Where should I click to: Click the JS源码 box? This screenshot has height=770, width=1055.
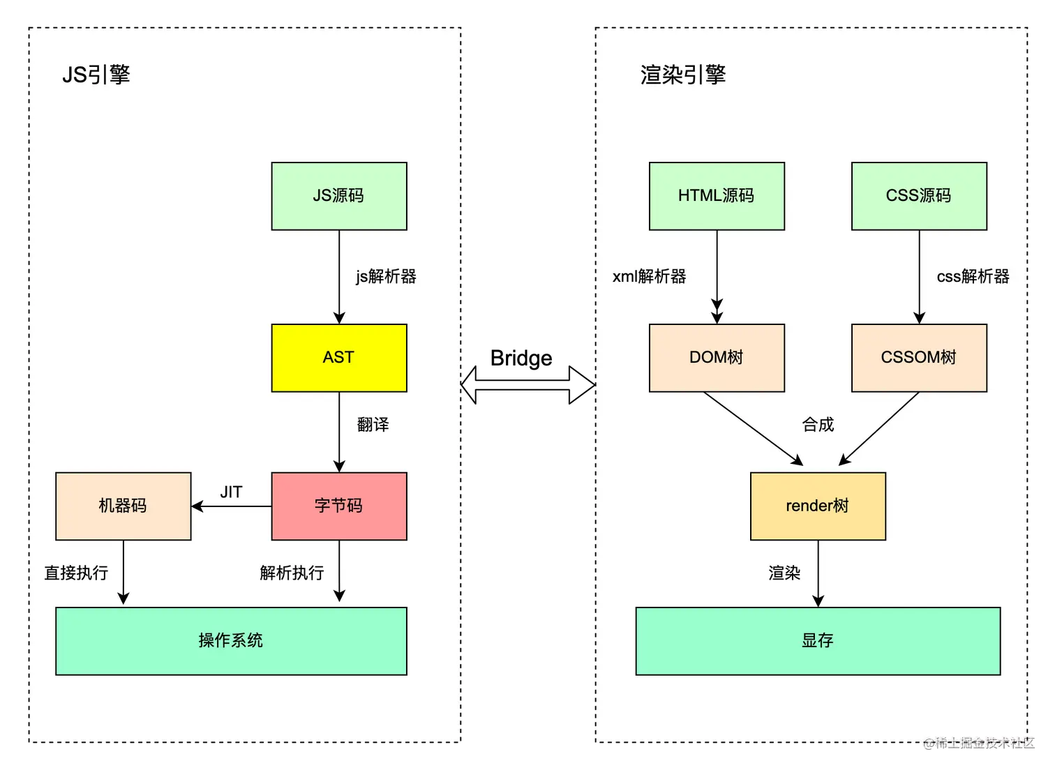pyautogui.click(x=339, y=196)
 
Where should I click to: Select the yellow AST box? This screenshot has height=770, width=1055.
pyautogui.click(x=339, y=358)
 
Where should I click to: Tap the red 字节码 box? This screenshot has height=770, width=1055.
pyautogui.click(x=339, y=506)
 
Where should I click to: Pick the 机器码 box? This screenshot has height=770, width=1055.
pyautogui.click(x=124, y=506)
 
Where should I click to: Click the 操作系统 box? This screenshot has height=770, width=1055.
pyautogui.click(x=231, y=641)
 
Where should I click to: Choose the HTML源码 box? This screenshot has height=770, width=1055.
pyautogui.click(x=717, y=196)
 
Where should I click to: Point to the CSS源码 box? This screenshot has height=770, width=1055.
pyautogui.click(x=919, y=196)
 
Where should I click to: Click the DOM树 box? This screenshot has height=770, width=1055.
pyautogui.click(x=717, y=358)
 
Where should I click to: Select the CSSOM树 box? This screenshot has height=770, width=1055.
pyautogui.click(x=919, y=358)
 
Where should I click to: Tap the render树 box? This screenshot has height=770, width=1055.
pyautogui.click(x=818, y=506)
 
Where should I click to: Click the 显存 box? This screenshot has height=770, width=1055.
pyautogui.click(x=818, y=641)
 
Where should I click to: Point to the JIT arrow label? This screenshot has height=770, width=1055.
pyautogui.click(x=231, y=492)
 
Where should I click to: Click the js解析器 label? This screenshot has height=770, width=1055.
pyautogui.click(x=386, y=277)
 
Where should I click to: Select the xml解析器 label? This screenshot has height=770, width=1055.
pyautogui.click(x=649, y=277)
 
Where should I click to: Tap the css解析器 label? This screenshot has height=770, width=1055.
pyautogui.click(x=973, y=277)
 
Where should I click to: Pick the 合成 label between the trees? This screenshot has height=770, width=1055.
pyautogui.click(x=818, y=425)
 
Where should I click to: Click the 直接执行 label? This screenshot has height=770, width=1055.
pyautogui.click(x=76, y=573)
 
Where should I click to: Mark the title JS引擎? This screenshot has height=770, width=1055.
pyautogui.click(x=96, y=75)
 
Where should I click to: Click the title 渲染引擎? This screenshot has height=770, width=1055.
pyautogui.click(x=683, y=75)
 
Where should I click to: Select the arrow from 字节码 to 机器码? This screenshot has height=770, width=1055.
pyautogui.click(x=232, y=506)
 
